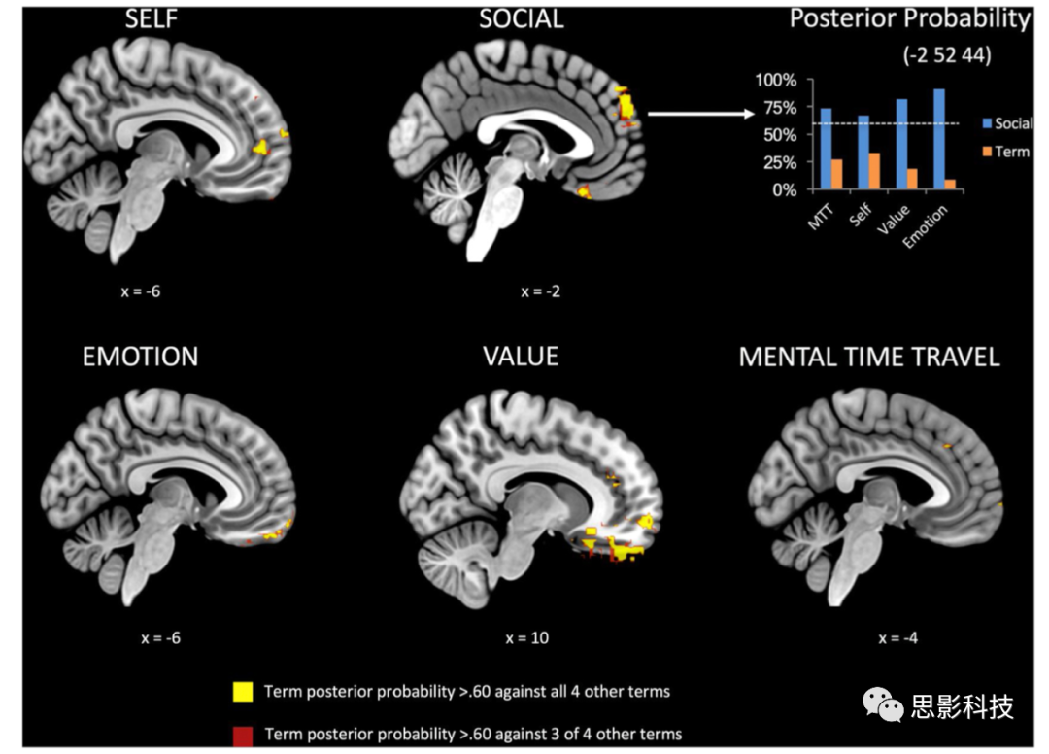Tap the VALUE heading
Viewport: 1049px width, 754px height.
(521, 356)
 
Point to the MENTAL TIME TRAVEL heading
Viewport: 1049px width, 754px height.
(869, 357)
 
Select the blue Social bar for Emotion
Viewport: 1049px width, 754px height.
(938, 139)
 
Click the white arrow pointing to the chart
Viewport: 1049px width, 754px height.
(700, 114)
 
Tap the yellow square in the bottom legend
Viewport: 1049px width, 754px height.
(243, 692)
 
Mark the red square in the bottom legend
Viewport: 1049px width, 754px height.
(243, 733)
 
